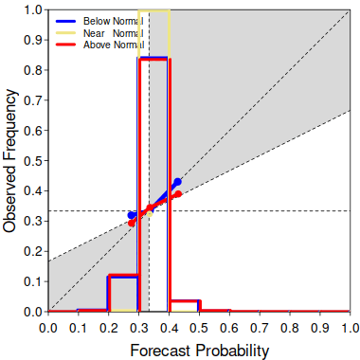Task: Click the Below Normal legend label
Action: (x=113, y=21)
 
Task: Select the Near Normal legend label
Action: (x=113, y=33)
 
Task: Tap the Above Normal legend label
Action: (x=114, y=45)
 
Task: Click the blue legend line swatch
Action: (x=65, y=21)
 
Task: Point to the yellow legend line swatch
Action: (x=65, y=33)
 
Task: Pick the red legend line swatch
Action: (x=65, y=45)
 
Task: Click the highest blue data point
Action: (x=178, y=182)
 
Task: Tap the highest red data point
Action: (x=178, y=194)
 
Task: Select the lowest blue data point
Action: (x=131, y=215)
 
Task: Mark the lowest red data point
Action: (x=132, y=224)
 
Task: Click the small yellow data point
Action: (x=150, y=214)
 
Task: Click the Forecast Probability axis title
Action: (x=200, y=351)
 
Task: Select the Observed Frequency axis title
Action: (x=9, y=161)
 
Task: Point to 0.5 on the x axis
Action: (x=199, y=328)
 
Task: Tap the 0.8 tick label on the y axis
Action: (x=33, y=70)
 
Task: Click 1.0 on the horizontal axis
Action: (x=350, y=328)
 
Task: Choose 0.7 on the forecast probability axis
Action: (x=260, y=328)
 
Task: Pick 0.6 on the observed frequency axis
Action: (x=33, y=130)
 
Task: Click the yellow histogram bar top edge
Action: (x=154, y=10)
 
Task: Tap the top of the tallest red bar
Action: (x=154, y=60)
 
